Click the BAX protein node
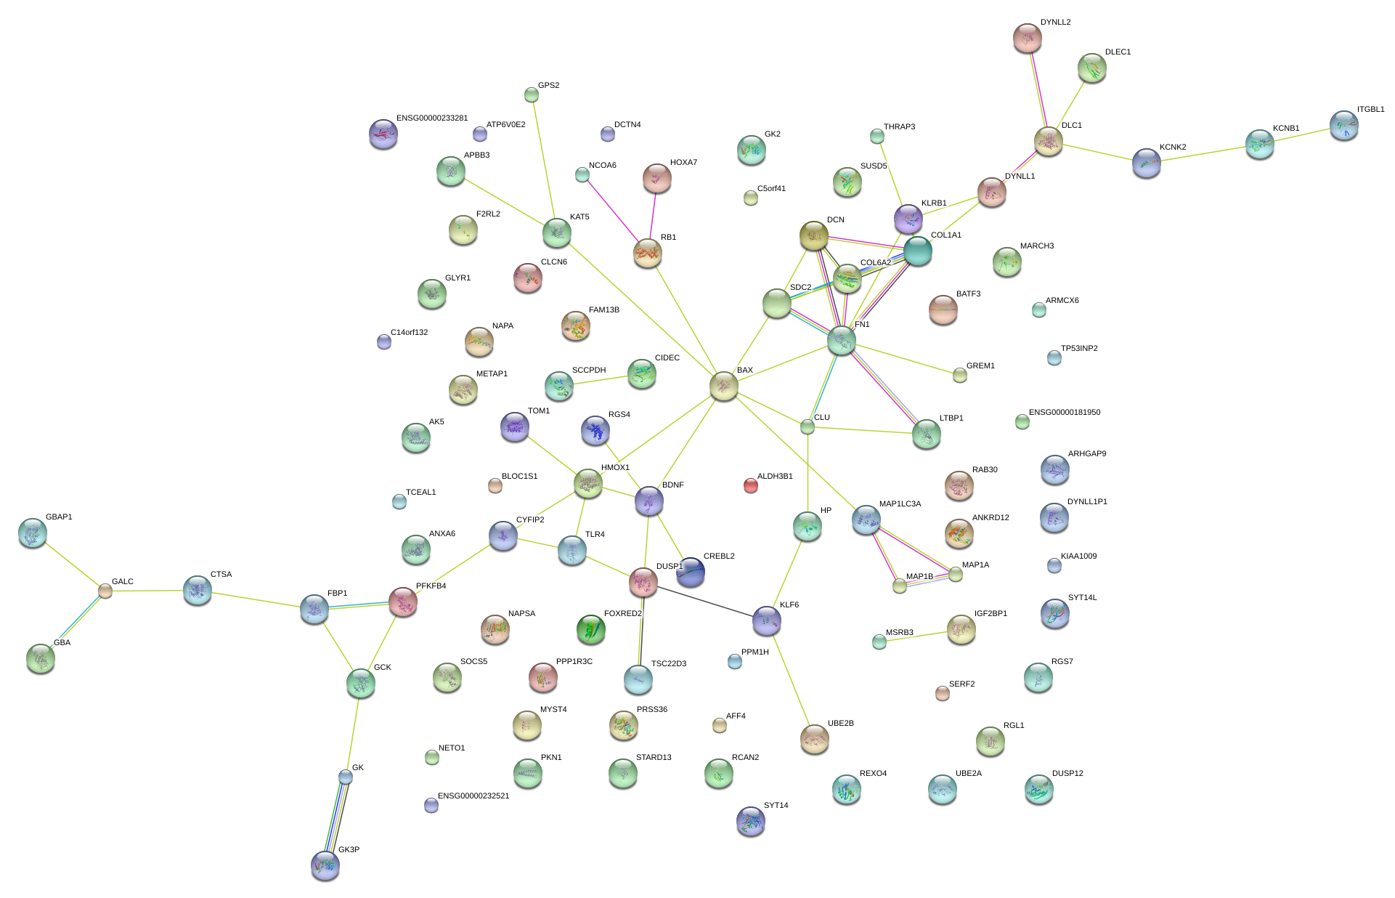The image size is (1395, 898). click(x=723, y=386)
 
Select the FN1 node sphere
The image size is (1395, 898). click(x=842, y=340)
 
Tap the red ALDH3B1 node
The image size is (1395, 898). click(x=751, y=485)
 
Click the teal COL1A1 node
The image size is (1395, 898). click(x=918, y=251)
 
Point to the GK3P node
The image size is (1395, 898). click(x=325, y=865)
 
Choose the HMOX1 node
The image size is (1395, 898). click(x=588, y=483)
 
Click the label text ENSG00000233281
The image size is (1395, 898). click(x=432, y=118)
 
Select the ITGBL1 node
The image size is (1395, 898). click(x=1344, y=125)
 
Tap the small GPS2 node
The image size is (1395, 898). click(x=532, y=94)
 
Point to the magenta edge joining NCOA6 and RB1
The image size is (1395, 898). click(x=611, y=208)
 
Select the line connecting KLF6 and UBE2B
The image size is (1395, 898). click(x=791, y=680)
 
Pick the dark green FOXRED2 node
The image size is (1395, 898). click(x=590, y=629)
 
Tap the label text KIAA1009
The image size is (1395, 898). click(x=1078, y=557)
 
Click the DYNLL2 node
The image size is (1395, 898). click(x=1027, y=38)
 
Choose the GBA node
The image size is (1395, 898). click(x=41, y=658)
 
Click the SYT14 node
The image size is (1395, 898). click(x=751, y=821)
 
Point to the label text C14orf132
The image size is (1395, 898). click(x=409, y=333)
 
